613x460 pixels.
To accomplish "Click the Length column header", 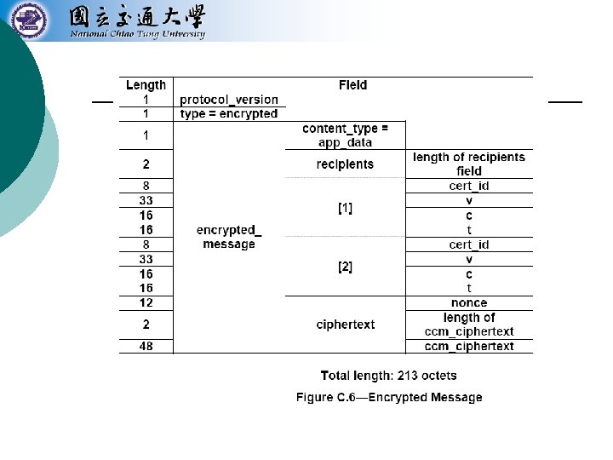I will coord(146,85).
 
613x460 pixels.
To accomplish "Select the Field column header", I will coord(352,85).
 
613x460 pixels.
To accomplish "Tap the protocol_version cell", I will coord(228,100).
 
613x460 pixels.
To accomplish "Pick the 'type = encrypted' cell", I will coord(228,114).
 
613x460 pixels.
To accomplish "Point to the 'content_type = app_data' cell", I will coord(345,135).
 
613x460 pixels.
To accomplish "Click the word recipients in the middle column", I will coord(345,164).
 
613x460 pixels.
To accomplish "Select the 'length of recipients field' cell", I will coord(469,164).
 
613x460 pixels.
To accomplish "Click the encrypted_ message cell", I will coord(229,237).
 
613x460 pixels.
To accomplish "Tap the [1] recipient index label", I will coord(345,208).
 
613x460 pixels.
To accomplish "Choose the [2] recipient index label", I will coord(345,267).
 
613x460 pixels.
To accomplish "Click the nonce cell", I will coord(469,303).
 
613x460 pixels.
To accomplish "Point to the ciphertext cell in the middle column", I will coord(345,325).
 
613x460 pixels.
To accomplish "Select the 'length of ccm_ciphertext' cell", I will coord(469,325).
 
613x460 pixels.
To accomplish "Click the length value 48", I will coord(146,347).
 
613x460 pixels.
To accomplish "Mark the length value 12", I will coord(146,303).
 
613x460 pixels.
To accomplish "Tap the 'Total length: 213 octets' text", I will coord(388,376).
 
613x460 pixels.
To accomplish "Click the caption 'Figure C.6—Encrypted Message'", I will coord(389,398).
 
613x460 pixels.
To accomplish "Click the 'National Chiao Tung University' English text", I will coord(137,35).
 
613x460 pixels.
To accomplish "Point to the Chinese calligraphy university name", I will coord(136,16).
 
